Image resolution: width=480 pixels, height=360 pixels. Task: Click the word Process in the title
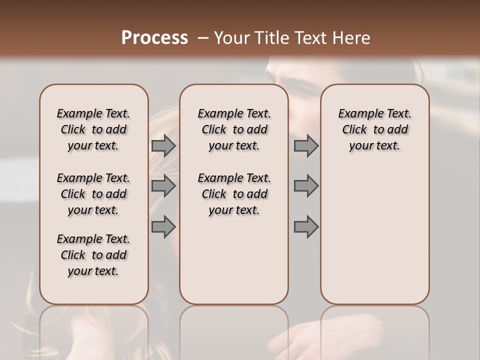154,38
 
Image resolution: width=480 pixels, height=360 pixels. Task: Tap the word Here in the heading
351,38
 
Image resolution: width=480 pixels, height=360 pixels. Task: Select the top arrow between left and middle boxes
163,146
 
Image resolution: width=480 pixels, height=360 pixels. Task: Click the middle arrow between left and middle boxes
163,186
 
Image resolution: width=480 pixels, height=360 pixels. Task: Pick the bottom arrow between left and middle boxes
163,226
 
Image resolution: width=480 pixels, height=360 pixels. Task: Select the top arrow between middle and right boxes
306,146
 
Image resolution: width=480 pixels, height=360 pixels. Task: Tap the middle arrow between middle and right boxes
306,186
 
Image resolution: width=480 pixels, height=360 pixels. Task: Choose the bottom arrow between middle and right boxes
306,226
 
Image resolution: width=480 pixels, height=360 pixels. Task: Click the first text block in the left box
93,129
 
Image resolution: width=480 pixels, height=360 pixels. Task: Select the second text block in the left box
93,194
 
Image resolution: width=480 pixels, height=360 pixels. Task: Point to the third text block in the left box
93,255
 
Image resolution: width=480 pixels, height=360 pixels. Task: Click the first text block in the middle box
234,129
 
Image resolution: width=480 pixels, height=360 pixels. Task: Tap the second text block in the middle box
234,194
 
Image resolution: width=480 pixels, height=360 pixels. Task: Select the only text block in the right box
375,129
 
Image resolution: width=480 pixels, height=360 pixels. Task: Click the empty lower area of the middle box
234,260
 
